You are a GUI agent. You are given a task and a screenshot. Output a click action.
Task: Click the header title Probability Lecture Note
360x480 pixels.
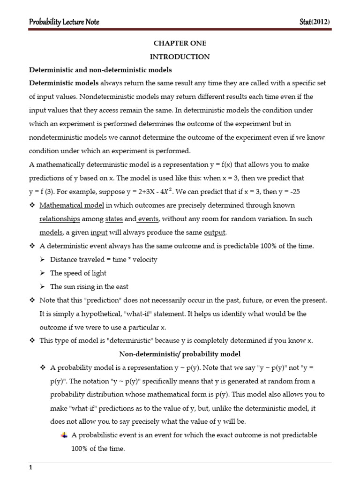coord(64,22)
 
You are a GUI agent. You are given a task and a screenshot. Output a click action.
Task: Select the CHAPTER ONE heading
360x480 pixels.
coord(180,43)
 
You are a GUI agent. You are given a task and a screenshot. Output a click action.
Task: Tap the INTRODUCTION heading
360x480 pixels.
coord(180,57)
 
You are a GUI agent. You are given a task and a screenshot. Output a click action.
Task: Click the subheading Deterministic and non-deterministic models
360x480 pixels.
coord(100,70)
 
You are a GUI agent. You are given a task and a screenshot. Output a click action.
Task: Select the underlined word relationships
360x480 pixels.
coord(60,219)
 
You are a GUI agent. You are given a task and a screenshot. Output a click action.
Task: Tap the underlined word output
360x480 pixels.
coord(215,232)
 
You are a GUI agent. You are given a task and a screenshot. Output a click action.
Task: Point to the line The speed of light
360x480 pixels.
coord(78,273)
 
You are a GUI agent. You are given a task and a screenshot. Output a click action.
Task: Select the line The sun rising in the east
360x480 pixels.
coord(89,286)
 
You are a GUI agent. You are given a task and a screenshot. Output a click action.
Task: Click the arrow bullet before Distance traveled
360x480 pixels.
coord(43,260)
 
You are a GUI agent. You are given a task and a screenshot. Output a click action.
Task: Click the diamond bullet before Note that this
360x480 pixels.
coord(32,300)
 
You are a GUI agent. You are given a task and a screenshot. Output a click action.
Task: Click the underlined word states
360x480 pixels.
coord(114,219)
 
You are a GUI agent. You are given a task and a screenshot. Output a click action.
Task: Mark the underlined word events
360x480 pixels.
coord(149,219)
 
